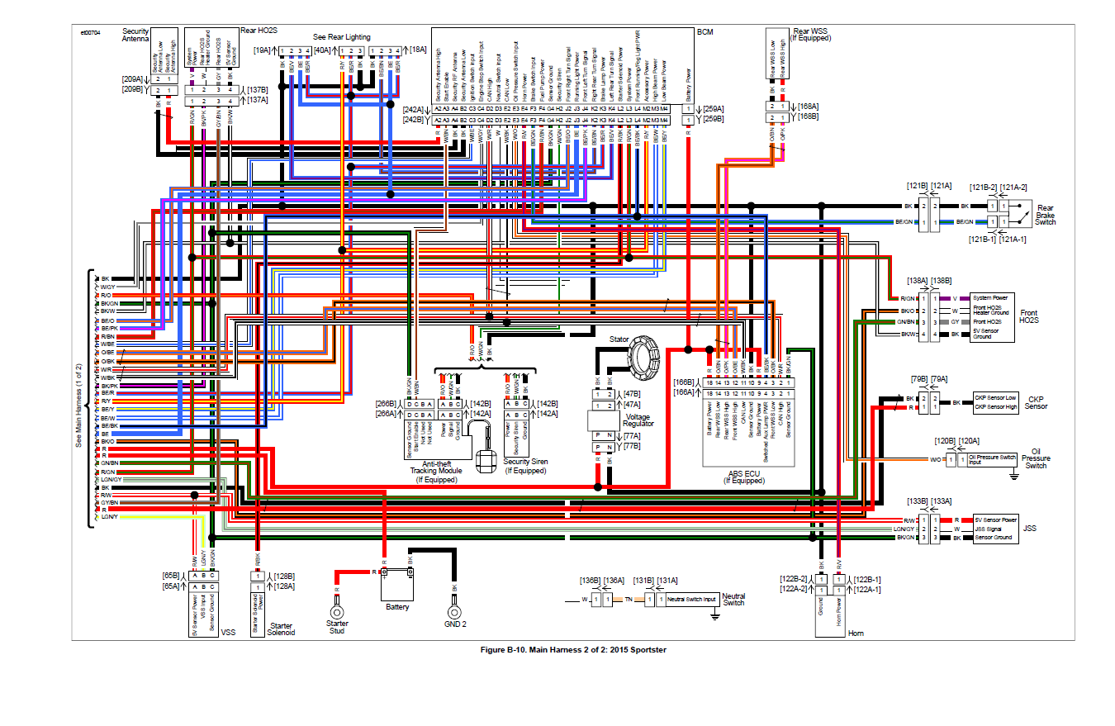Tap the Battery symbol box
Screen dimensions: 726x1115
coord(396,586)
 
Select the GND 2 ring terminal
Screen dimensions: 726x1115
coord(453,612)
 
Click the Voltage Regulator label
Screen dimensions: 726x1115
coord(638,420)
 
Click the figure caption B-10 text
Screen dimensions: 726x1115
coord(572,650)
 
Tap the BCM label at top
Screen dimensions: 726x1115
coord(705,32)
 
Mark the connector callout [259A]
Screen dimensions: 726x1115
coord(713,108)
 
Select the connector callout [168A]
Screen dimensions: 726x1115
coord(808,106)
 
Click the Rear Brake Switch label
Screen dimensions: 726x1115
coord(1046,215)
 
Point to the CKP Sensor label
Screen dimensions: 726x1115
coord(1036,402)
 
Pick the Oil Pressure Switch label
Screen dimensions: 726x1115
coord(1036,458)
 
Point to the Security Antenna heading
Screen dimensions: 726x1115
coord(135,34)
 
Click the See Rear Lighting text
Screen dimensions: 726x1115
coord(341,37)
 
